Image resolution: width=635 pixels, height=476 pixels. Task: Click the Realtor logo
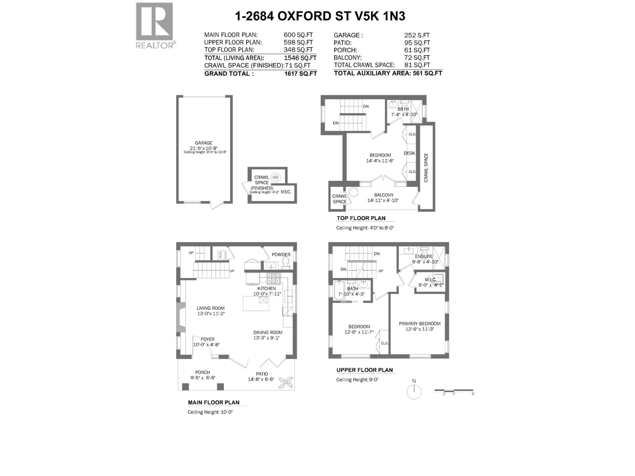(x=154, y=25)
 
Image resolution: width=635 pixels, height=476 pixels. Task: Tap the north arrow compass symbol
(x=414, y=392)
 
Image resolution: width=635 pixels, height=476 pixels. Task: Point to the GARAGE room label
(x=203, y=143)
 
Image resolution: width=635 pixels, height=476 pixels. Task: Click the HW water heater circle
(x=276, y=177)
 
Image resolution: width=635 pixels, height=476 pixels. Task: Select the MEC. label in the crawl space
(x=286, y=192)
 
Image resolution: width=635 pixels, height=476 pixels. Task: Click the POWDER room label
(x=281, y=255)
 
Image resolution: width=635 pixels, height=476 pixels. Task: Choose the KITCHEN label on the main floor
(x=267, y=288)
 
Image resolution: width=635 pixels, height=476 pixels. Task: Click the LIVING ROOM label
(x=211, y=308)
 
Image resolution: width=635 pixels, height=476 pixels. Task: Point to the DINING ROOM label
(x=268, y=333)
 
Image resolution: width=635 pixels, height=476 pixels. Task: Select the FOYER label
(x=207, y=339)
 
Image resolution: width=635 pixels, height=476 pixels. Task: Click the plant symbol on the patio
(x=285, y=383)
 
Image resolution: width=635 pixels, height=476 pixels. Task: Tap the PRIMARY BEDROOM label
(x=419, y=324)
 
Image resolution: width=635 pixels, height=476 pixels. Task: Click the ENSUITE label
(x=424, y=257)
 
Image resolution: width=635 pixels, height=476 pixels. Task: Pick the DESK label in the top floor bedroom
(x=409, y=153)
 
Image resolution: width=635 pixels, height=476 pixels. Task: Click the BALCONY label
(x=384, y=195)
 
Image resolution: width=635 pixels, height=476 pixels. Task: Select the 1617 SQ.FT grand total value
(x=303, y=73)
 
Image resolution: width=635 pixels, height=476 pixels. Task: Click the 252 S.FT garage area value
(x=417, y=35)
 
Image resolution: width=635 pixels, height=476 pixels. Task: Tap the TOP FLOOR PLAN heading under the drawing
(x=361, y=218)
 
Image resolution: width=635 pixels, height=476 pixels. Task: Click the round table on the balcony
(x=353, y=193)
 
